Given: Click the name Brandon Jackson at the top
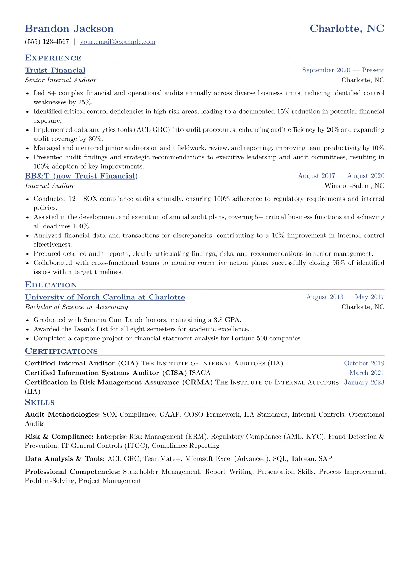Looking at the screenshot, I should (69, 29).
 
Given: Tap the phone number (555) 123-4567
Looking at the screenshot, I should (47, 42).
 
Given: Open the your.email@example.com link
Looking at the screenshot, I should (118, 42).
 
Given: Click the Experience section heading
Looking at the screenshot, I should (53, 58).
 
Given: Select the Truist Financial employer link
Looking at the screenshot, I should (55, 70).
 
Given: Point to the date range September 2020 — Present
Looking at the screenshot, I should (343, 70).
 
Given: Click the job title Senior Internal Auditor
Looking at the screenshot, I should (60, 80).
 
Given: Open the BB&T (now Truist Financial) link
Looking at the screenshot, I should (81, 176).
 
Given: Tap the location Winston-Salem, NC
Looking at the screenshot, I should (354, 186).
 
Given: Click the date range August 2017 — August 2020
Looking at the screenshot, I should (341, 176).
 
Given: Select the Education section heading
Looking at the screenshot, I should (51, 285).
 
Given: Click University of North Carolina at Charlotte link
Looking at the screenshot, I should (105, 297).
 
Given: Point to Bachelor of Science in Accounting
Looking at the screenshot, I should (76, 307).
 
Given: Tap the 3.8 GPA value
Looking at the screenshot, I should (227, 320).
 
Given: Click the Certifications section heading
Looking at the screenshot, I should (61, 351).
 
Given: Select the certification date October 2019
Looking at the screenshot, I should (364, 363).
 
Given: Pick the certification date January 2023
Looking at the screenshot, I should (364, 382).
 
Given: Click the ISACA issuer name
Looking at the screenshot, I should (200, 373).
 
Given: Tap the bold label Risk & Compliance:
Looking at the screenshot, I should (59, 437).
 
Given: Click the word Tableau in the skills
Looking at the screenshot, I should (303, 459).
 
